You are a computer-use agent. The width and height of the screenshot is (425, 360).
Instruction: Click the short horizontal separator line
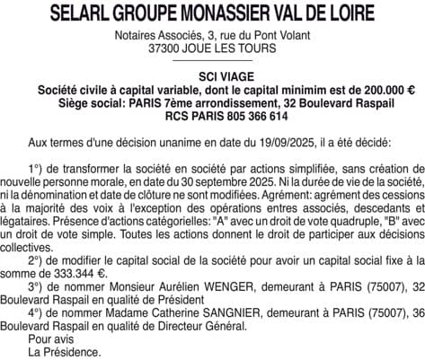click(x=212, y=63)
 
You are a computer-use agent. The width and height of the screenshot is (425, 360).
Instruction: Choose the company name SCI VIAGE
click(x=212, y=77)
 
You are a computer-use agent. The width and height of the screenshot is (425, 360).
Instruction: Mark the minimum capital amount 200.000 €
click(x=383, y=90)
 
